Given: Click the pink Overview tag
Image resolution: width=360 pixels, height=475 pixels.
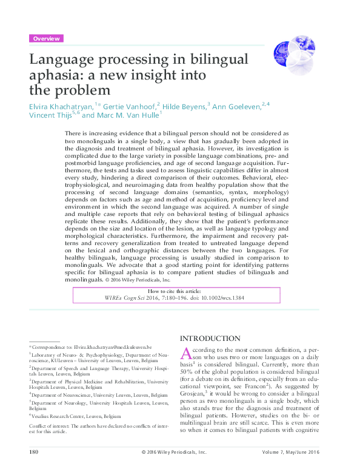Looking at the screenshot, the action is point(46,38).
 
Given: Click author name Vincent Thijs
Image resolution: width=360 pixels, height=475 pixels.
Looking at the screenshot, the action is point(50,115).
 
